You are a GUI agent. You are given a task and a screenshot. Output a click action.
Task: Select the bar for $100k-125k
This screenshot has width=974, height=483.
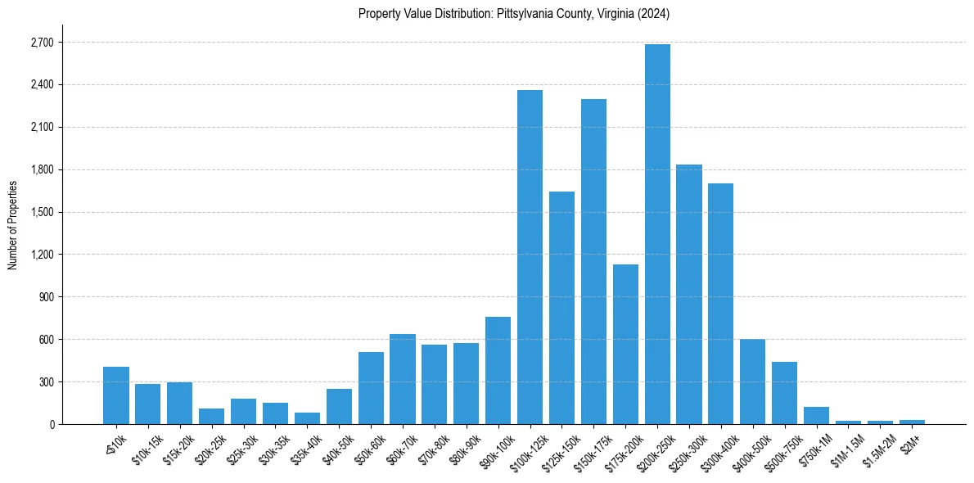530,257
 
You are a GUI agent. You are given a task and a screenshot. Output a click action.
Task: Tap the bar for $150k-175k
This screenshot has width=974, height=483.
593,262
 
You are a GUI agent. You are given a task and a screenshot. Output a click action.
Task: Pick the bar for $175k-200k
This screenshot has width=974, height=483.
625,344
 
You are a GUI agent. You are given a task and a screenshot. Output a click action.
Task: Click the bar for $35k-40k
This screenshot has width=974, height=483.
307,418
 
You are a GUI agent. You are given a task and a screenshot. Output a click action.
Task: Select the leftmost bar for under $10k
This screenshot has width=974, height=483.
116,395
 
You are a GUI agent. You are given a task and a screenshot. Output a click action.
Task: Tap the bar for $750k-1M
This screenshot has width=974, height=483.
816,415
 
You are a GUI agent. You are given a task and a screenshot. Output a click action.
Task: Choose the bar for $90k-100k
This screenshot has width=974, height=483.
498,370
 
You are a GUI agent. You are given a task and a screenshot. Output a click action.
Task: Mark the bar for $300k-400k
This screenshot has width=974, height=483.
721,304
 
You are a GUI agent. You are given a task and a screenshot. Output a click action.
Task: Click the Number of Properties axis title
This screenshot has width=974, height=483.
12,224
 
